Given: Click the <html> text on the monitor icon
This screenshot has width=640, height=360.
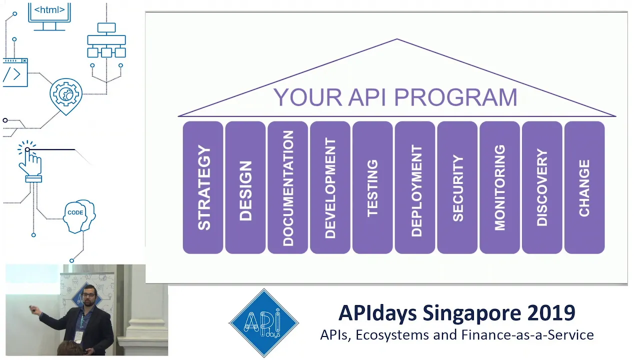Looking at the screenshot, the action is (49, 10).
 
